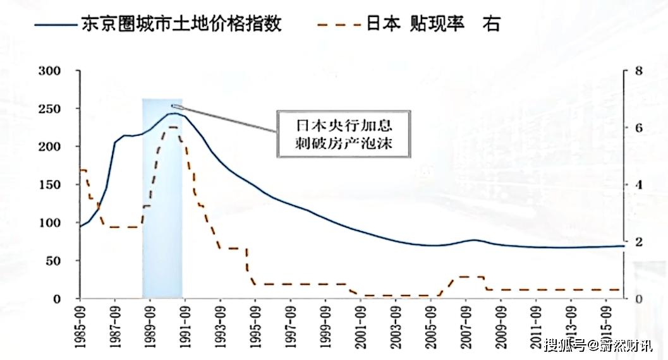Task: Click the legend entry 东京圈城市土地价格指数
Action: tap(181, 23)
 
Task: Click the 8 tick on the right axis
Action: tap(638, 71)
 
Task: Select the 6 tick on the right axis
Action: tap(638, 128)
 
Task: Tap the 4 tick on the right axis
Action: tap(638, 184)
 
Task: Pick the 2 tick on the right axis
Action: tap(638, 242)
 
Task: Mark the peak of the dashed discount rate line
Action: tap(173, 128)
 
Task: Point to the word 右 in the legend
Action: tap(491, 23)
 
